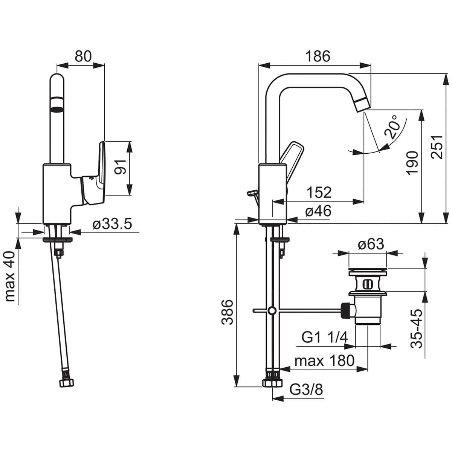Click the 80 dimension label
[83, 56]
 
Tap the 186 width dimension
[317, 56]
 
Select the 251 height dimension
[437, 147]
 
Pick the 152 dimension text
[319, 192]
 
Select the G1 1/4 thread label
[324, 337]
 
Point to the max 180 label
[324, 361]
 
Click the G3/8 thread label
[306, 389]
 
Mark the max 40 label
[11, 276]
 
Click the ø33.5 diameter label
[112, 225]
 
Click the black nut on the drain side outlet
[344, 310]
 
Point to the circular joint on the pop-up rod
[272, 311]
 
